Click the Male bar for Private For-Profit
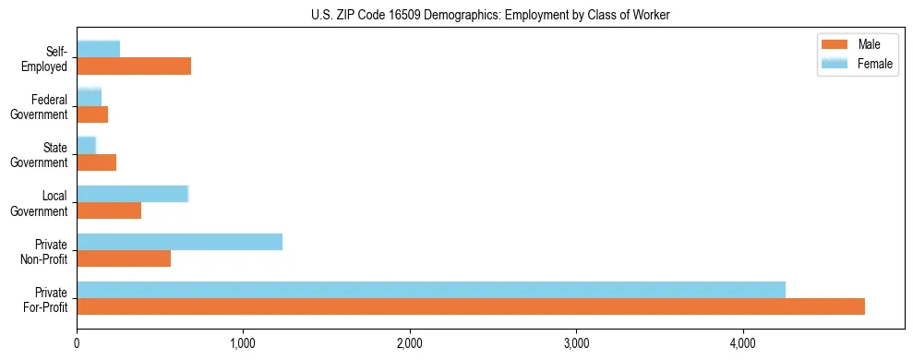(x=471, y=306)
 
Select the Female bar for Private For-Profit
(x=431, y=290)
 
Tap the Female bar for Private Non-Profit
(x=179, y=242)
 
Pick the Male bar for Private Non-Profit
(x=124, y=258)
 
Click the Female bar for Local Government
(x=132, y=194)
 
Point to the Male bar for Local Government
(x=109, y=210)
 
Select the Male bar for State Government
(x=96, y=162)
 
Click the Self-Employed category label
(x=45, y=58)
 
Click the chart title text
(x=490, y=14)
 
